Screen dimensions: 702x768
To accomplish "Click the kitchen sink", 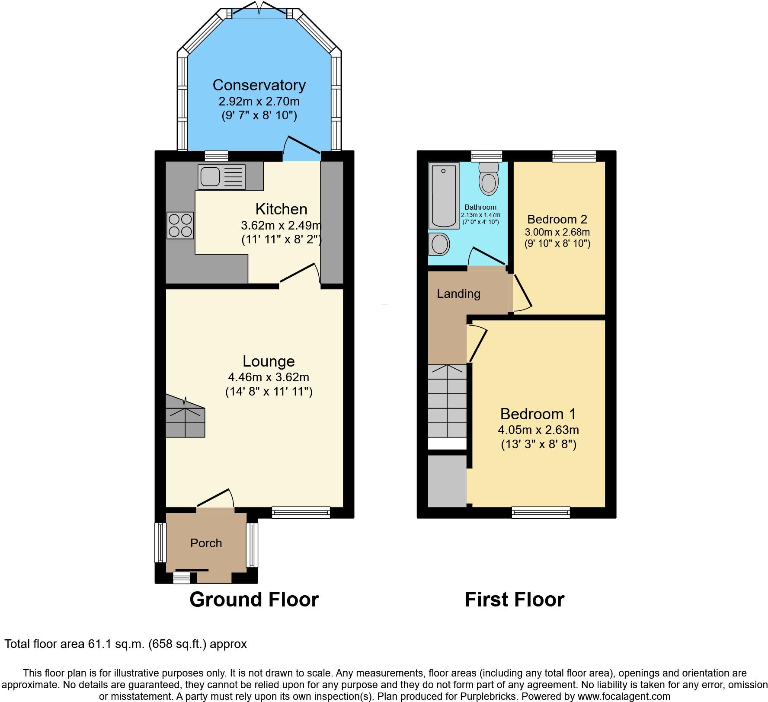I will [x=221, y=177].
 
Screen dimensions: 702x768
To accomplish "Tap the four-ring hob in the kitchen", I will [x=180, y=226].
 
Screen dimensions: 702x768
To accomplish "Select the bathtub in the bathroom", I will [x=443, y=196].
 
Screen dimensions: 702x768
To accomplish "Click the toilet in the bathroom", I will [x=489, y=179].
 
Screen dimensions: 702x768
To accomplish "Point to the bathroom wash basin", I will [x=440, y=245].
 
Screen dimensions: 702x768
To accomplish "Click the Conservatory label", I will [x=259, y=85].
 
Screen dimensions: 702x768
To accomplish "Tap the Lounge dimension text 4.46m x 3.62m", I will [x=269, y=377].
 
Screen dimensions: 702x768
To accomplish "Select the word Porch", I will [x=206, y=543].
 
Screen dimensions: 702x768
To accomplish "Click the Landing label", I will [x=458, y=294].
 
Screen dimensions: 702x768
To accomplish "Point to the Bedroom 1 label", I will [x=538, y=414].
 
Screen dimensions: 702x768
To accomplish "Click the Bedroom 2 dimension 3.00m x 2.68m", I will [x=557, y=232].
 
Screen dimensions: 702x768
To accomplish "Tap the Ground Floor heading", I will [x=254, y=600].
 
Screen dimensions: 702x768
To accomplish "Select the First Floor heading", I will [x=514, y=600].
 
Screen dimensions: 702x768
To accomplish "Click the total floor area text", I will [x=125, y=644].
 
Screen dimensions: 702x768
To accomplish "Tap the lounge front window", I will [x=301, y=513].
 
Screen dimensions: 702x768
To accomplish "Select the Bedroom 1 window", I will [x=541, y=513].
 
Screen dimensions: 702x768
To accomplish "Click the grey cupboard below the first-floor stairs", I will [x=447, y=480].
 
